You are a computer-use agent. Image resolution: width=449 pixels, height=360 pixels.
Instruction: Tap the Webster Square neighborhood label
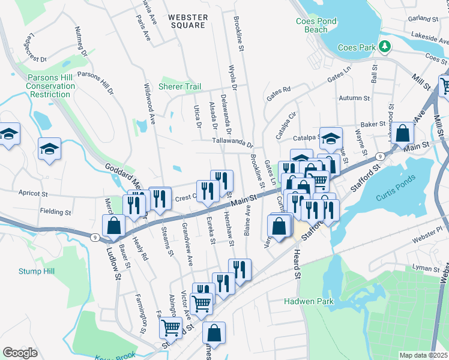[188, 21]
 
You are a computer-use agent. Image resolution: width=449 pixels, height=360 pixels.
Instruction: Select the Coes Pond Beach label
[316, 25]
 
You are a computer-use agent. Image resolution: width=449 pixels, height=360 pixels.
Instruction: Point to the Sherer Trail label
[179, 86]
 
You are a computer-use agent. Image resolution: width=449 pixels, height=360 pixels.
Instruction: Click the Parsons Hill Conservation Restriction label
[51, 86]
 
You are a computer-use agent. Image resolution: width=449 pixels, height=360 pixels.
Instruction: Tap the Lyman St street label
[427, 268]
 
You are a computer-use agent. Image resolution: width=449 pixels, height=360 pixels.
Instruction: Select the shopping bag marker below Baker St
[404, 133]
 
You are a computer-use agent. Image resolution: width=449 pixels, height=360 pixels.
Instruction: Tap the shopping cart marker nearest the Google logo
[171, 328]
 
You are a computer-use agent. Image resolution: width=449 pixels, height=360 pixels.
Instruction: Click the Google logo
[20, 353]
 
